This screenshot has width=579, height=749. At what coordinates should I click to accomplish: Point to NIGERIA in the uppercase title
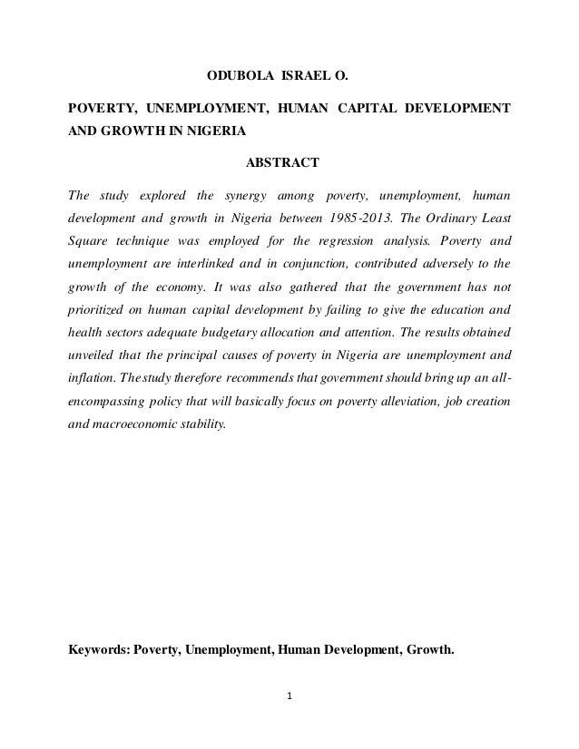(211, 131)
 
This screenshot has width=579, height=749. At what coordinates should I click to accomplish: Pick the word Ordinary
(439, 218)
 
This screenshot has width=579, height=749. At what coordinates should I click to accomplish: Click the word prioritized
(100, 310)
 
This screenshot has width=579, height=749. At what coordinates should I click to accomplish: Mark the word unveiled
(93, 355)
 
